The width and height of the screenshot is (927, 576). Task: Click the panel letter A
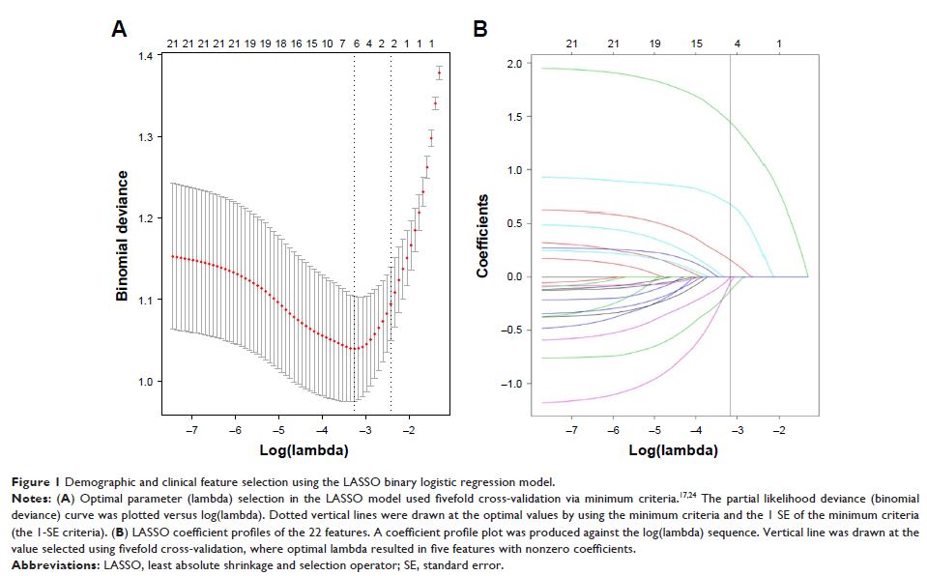tap(119, 29)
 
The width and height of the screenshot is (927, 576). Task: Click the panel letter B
tap(479, 29)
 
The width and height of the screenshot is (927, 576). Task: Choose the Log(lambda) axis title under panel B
tap(673, 450)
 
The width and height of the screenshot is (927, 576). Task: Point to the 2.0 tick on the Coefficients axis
tap(513, 64)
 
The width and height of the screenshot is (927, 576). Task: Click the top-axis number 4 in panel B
tap(738, 43)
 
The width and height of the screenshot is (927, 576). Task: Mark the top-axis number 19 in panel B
tap(655, 43)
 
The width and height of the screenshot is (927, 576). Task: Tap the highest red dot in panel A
tap(439, 73)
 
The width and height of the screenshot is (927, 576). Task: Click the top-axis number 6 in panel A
tap(356, 43)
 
